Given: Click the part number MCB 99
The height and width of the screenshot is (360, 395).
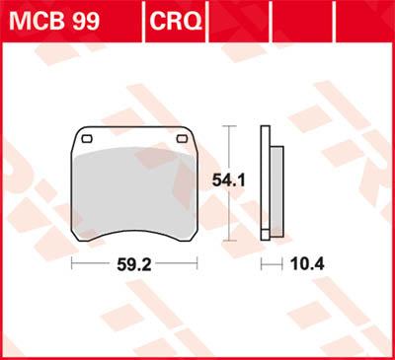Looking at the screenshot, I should [55, 18].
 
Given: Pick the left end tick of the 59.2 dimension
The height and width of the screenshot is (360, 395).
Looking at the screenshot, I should [73, 265].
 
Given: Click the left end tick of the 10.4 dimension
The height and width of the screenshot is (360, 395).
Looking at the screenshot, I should [263, 265].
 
